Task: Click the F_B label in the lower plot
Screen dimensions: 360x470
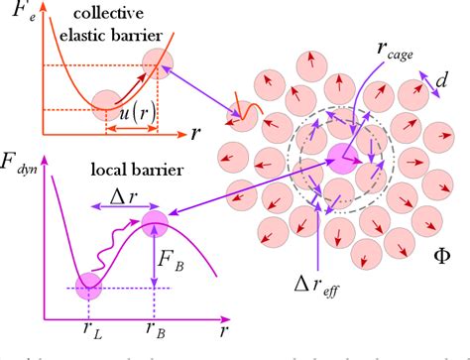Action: coord(170,265)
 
